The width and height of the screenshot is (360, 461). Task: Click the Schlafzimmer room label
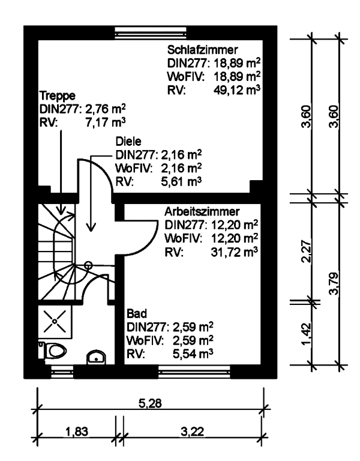coord(202,50)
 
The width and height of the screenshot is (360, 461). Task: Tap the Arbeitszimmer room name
coord(202,211)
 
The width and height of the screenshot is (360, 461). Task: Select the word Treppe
coord(58,96)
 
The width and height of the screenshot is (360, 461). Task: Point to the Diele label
coord(128,142)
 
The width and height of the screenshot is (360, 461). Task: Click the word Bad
coord(137,313)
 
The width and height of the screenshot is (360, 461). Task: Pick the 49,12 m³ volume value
coord(237,90)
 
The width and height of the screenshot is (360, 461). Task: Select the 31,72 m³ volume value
coord(234,252)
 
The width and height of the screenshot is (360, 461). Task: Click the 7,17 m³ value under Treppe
coord(106,122)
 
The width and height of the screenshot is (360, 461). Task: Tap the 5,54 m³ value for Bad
coord(193,354)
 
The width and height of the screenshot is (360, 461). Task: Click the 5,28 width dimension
coord(150,403)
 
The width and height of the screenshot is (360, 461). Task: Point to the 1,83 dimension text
coord(77,432)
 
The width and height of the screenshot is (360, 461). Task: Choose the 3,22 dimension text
coord(193,432)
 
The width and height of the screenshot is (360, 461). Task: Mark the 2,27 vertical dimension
coord(306,252)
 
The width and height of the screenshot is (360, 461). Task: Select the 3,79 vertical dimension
coord(334,284)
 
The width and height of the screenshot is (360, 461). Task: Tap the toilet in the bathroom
coord(52,351)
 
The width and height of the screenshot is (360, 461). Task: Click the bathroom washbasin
coord(96,357)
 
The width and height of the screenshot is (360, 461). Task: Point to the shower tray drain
coord(55,321)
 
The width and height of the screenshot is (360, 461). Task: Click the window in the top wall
coord(151,32)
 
